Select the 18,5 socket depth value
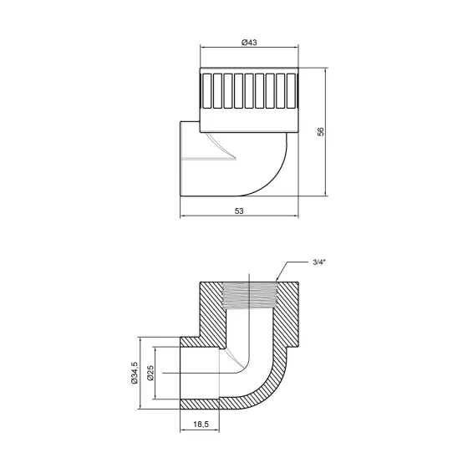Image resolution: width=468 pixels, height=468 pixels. click(x=200, y=425)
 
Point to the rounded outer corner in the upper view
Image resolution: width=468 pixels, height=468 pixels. click(x=279, y=180)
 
